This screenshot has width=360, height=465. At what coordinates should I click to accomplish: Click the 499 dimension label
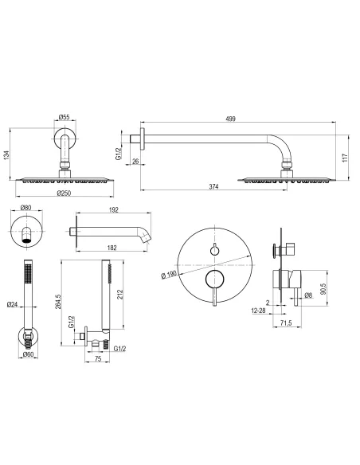[230, 119]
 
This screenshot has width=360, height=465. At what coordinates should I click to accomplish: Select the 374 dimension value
[213, 186]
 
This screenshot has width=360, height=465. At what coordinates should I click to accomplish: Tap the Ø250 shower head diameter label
[64, 193]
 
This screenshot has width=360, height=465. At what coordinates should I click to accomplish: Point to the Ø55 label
[64, 117]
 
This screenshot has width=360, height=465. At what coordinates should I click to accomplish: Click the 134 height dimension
[6, 155]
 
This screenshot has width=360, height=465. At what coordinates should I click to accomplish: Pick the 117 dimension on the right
[344, 158]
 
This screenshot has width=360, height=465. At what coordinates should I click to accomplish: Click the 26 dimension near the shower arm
[135, 162]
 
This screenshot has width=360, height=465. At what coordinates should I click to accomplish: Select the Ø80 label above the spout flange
[25, 208]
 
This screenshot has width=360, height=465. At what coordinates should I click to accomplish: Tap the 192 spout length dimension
[114, 210]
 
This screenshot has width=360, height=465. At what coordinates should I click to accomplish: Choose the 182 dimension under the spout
[112, 248]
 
